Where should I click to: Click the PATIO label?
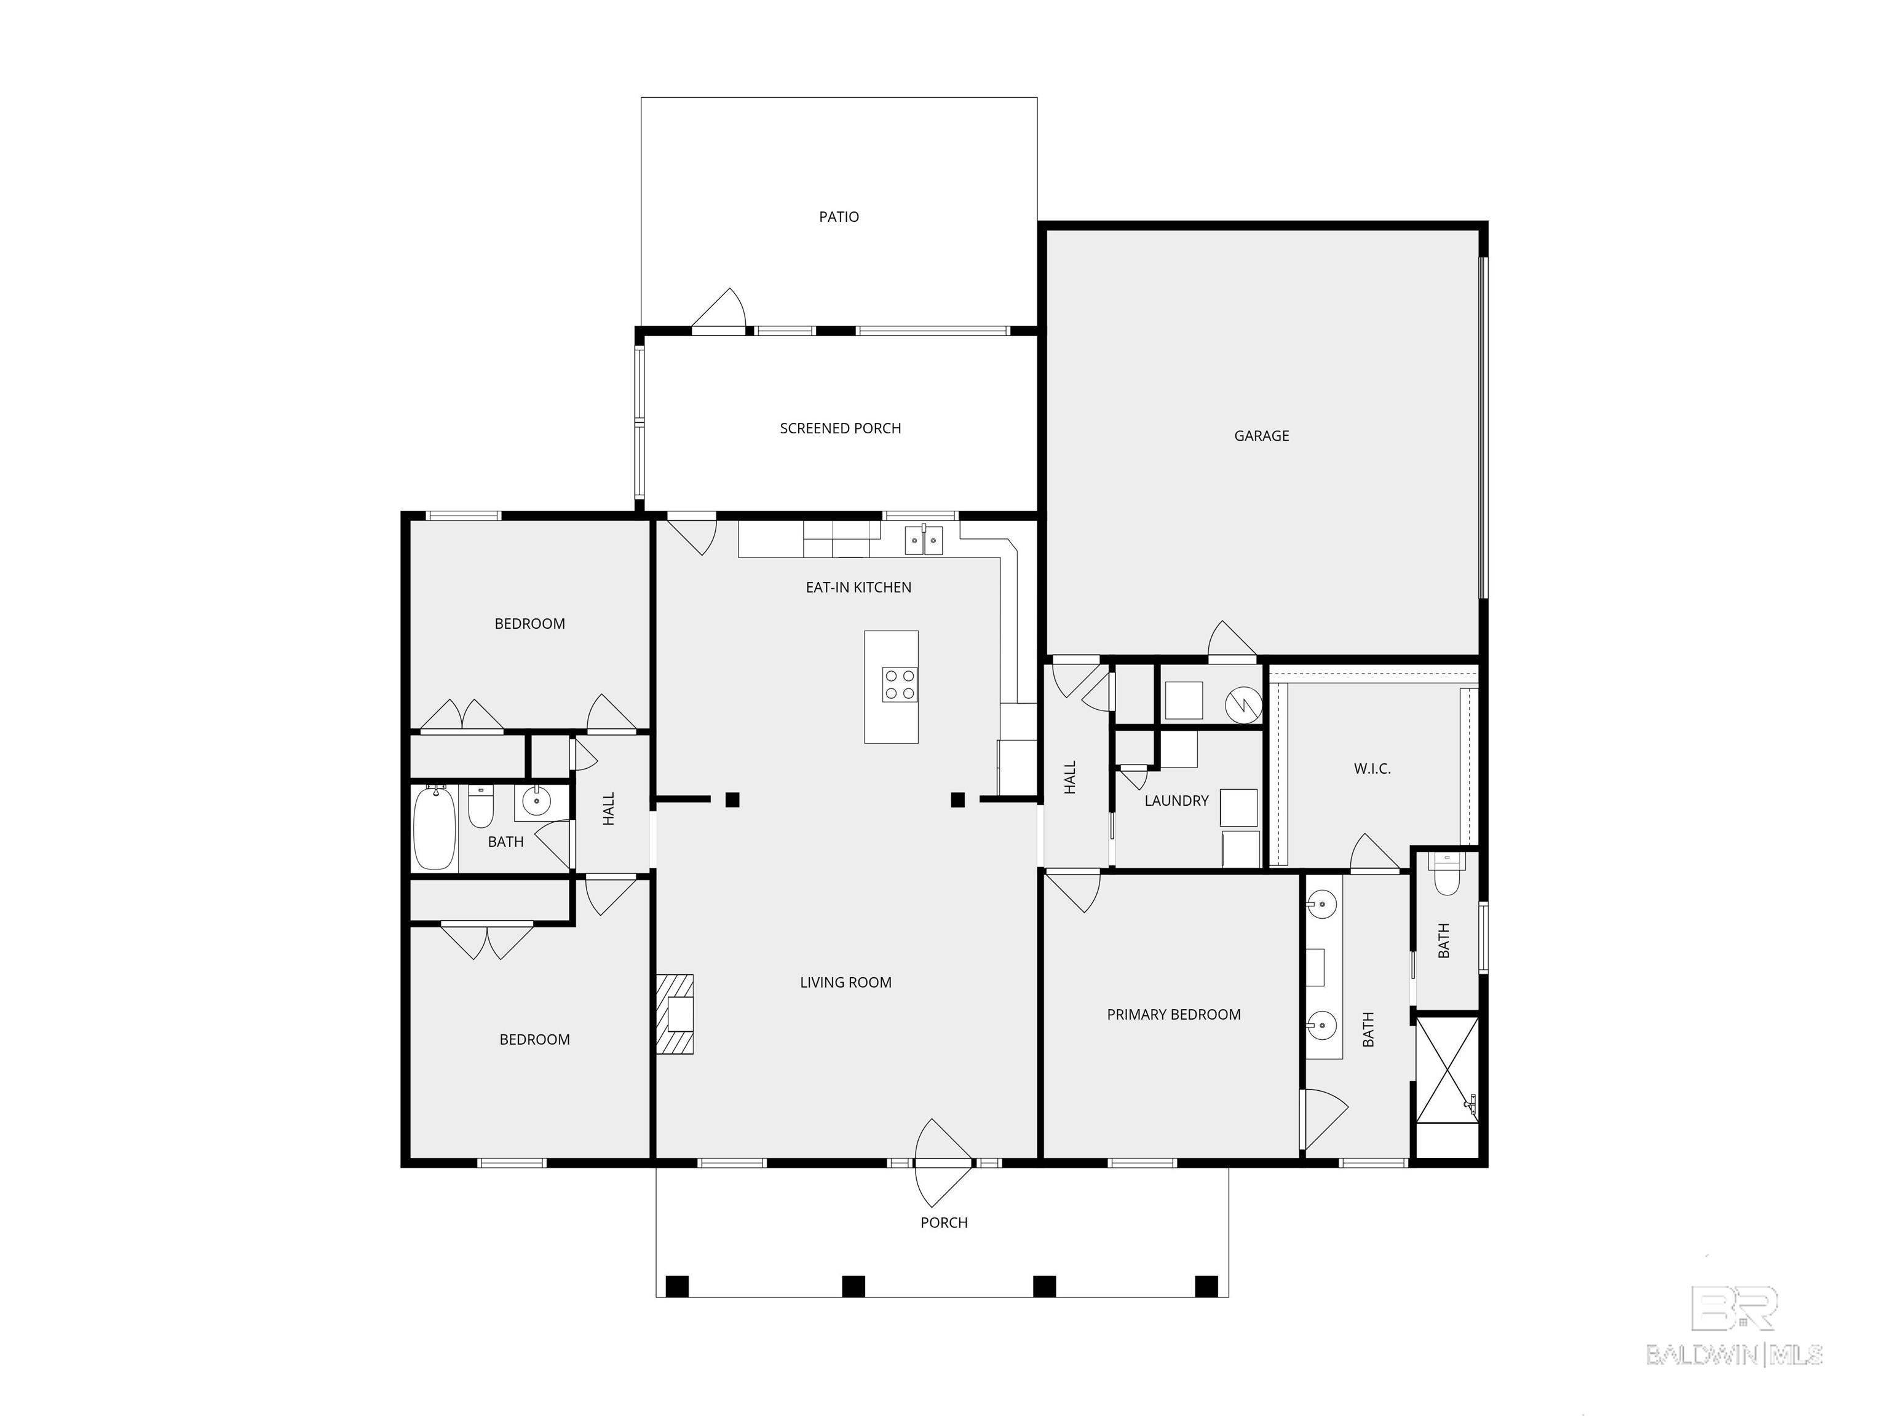click(839, 217)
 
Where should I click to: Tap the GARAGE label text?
click(1261, 435)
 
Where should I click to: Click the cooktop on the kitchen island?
click(900, 685)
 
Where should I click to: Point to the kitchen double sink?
click(924, 540)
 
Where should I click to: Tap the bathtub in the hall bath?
click(434, 828)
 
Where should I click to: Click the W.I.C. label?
click(1372, 769)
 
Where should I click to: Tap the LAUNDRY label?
click(1176, 801)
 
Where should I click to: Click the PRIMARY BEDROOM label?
click(1173, 1015)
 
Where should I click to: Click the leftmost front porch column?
click(676, 1286)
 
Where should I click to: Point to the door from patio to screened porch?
click(720, 312)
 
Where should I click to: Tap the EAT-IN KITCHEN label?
click(858, 587)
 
